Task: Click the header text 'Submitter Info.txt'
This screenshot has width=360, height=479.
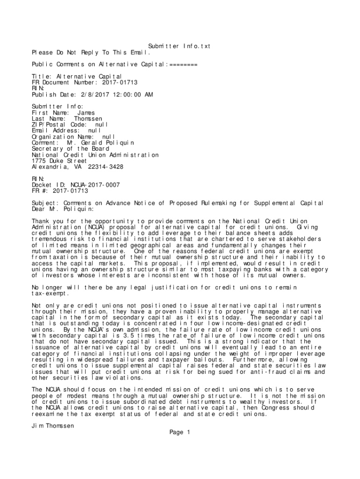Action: click(180, 46)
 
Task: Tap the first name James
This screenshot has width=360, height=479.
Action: click(86, 113)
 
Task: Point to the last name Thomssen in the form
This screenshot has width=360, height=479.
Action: click(88, 119)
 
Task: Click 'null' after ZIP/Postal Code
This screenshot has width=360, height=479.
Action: click(101, 125)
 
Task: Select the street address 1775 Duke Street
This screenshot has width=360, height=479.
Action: click(59, 161)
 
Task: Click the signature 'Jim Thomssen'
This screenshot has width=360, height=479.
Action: click(53, 426)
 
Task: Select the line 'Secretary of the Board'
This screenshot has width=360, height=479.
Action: click(70, 149)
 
